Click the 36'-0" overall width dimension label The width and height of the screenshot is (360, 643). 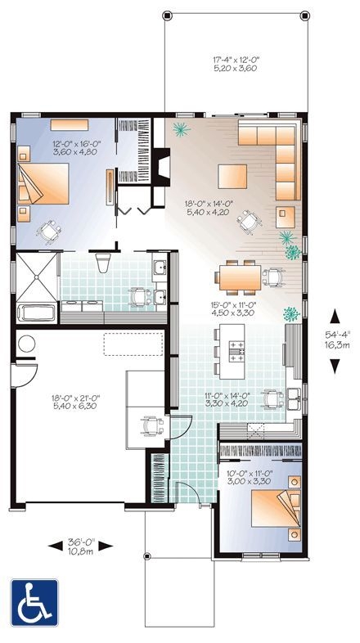[x=79, y=546]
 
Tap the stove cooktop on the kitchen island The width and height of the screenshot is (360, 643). [x=236, y=353]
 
